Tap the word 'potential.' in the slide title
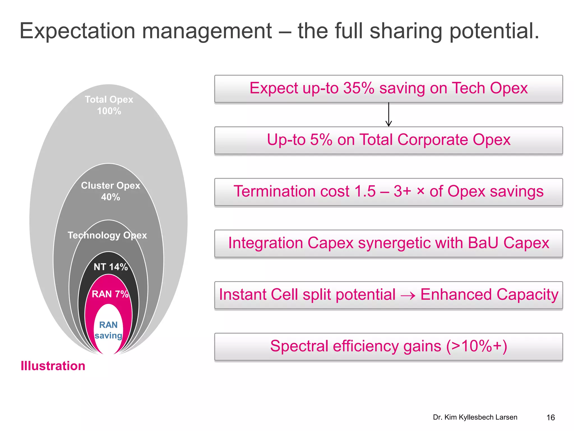[494, 31]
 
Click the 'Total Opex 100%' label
[109, 105]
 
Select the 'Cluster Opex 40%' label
[110, 191]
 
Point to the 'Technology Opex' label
[107, 235]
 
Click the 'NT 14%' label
[110, 267]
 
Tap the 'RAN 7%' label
[110, 294]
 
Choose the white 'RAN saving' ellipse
[108, 330]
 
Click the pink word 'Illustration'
[53, 366]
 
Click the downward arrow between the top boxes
[388, 115]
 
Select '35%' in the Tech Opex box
[359, 88]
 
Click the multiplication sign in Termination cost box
[420, 191]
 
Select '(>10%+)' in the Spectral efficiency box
[476, 346]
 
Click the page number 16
[550, 418]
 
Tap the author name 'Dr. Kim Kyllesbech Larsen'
[475, 417]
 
